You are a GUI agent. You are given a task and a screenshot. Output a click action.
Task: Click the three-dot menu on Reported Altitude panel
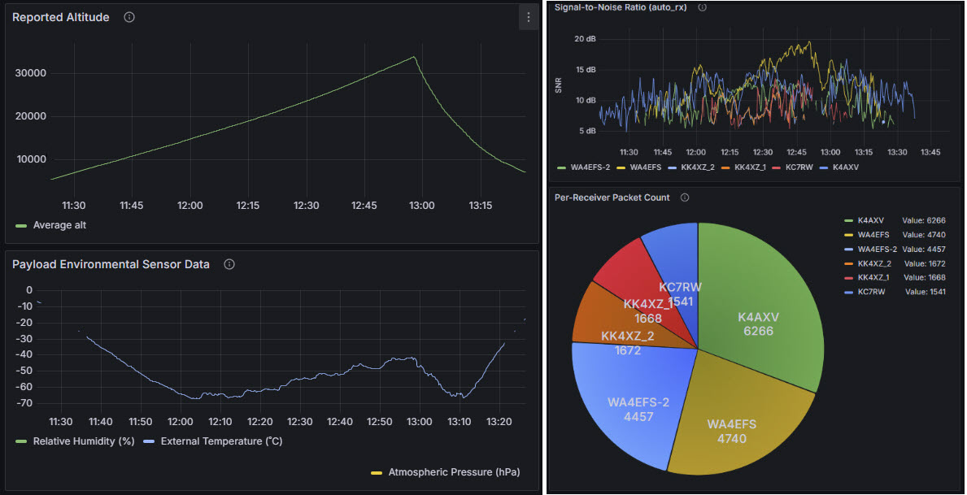(529, 18)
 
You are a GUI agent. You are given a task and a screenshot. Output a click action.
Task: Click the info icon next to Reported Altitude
(129, 17)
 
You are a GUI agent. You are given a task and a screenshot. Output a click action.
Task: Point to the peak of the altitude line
(414, 57)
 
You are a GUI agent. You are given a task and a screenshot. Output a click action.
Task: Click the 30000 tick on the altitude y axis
(31, 73)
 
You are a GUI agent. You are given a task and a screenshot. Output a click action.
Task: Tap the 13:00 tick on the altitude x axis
(421, 206)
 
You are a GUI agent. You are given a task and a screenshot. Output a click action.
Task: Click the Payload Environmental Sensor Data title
(111, 264)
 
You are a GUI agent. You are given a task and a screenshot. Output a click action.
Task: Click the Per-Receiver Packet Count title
(612, 198)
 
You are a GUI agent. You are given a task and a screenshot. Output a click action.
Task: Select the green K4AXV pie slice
(756, 317)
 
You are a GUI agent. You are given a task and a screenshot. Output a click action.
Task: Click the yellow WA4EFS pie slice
(732, 423)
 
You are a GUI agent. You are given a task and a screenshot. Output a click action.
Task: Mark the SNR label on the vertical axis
(559, 85)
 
